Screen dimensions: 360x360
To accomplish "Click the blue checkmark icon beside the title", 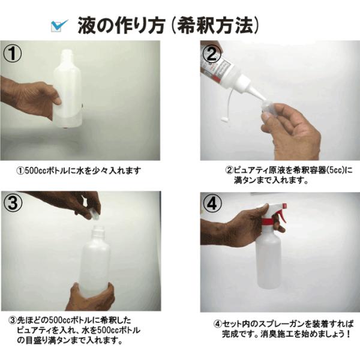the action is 59,25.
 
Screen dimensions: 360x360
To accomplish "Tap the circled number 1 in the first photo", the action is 13,53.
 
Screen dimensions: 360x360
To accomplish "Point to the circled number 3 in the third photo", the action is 13,203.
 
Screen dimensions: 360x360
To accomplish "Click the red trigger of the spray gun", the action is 282,214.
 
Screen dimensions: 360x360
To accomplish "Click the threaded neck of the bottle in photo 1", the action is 68,55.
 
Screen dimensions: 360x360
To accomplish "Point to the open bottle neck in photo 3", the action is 98,231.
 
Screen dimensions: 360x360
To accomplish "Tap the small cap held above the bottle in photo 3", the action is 94,215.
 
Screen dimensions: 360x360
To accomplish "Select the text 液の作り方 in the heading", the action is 121,25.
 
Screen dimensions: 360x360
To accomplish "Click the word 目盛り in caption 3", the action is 36,340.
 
